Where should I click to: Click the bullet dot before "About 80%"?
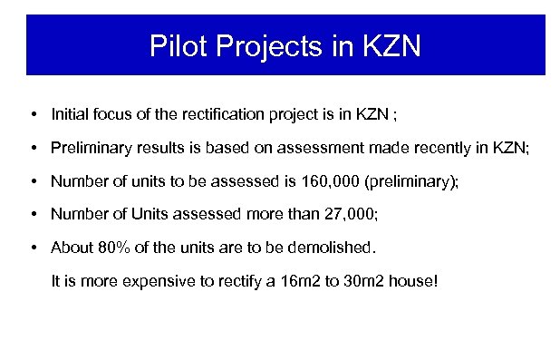[x=33, y=246]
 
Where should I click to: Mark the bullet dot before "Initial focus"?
[x=33, y=115]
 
